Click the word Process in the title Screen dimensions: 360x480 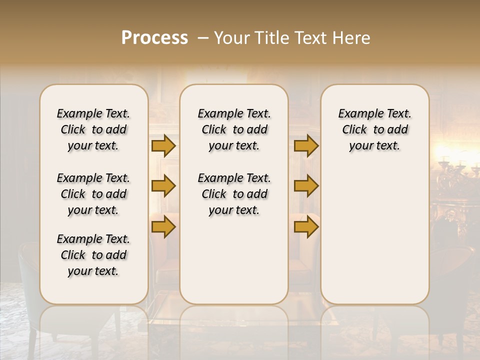point(154,38)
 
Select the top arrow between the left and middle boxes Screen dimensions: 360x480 point(163,146)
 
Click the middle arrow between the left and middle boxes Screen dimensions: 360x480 point(163,186)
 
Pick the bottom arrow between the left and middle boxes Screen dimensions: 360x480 point(163,227)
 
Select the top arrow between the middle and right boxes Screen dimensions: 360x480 point(306,146)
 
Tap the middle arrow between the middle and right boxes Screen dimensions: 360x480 point(306,186)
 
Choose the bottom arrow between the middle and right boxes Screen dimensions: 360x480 point(306,227)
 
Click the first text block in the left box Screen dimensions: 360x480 point(93,129)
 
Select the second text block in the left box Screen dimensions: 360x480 point(93,194)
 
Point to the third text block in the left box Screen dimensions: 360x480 point(93,255)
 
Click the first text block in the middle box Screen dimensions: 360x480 point(234,129)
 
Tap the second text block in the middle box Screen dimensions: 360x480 point(234,194)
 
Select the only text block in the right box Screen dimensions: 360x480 point(375,129)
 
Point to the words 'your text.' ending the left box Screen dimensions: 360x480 point(93,271)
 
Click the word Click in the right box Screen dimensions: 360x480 point(354,130)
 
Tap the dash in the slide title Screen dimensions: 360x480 point(203,38)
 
